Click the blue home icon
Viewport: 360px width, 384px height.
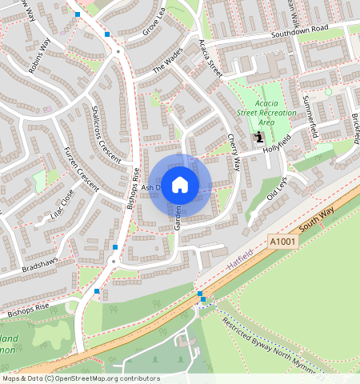tap(180, 184)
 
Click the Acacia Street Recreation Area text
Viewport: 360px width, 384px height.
tap(277, 113)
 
